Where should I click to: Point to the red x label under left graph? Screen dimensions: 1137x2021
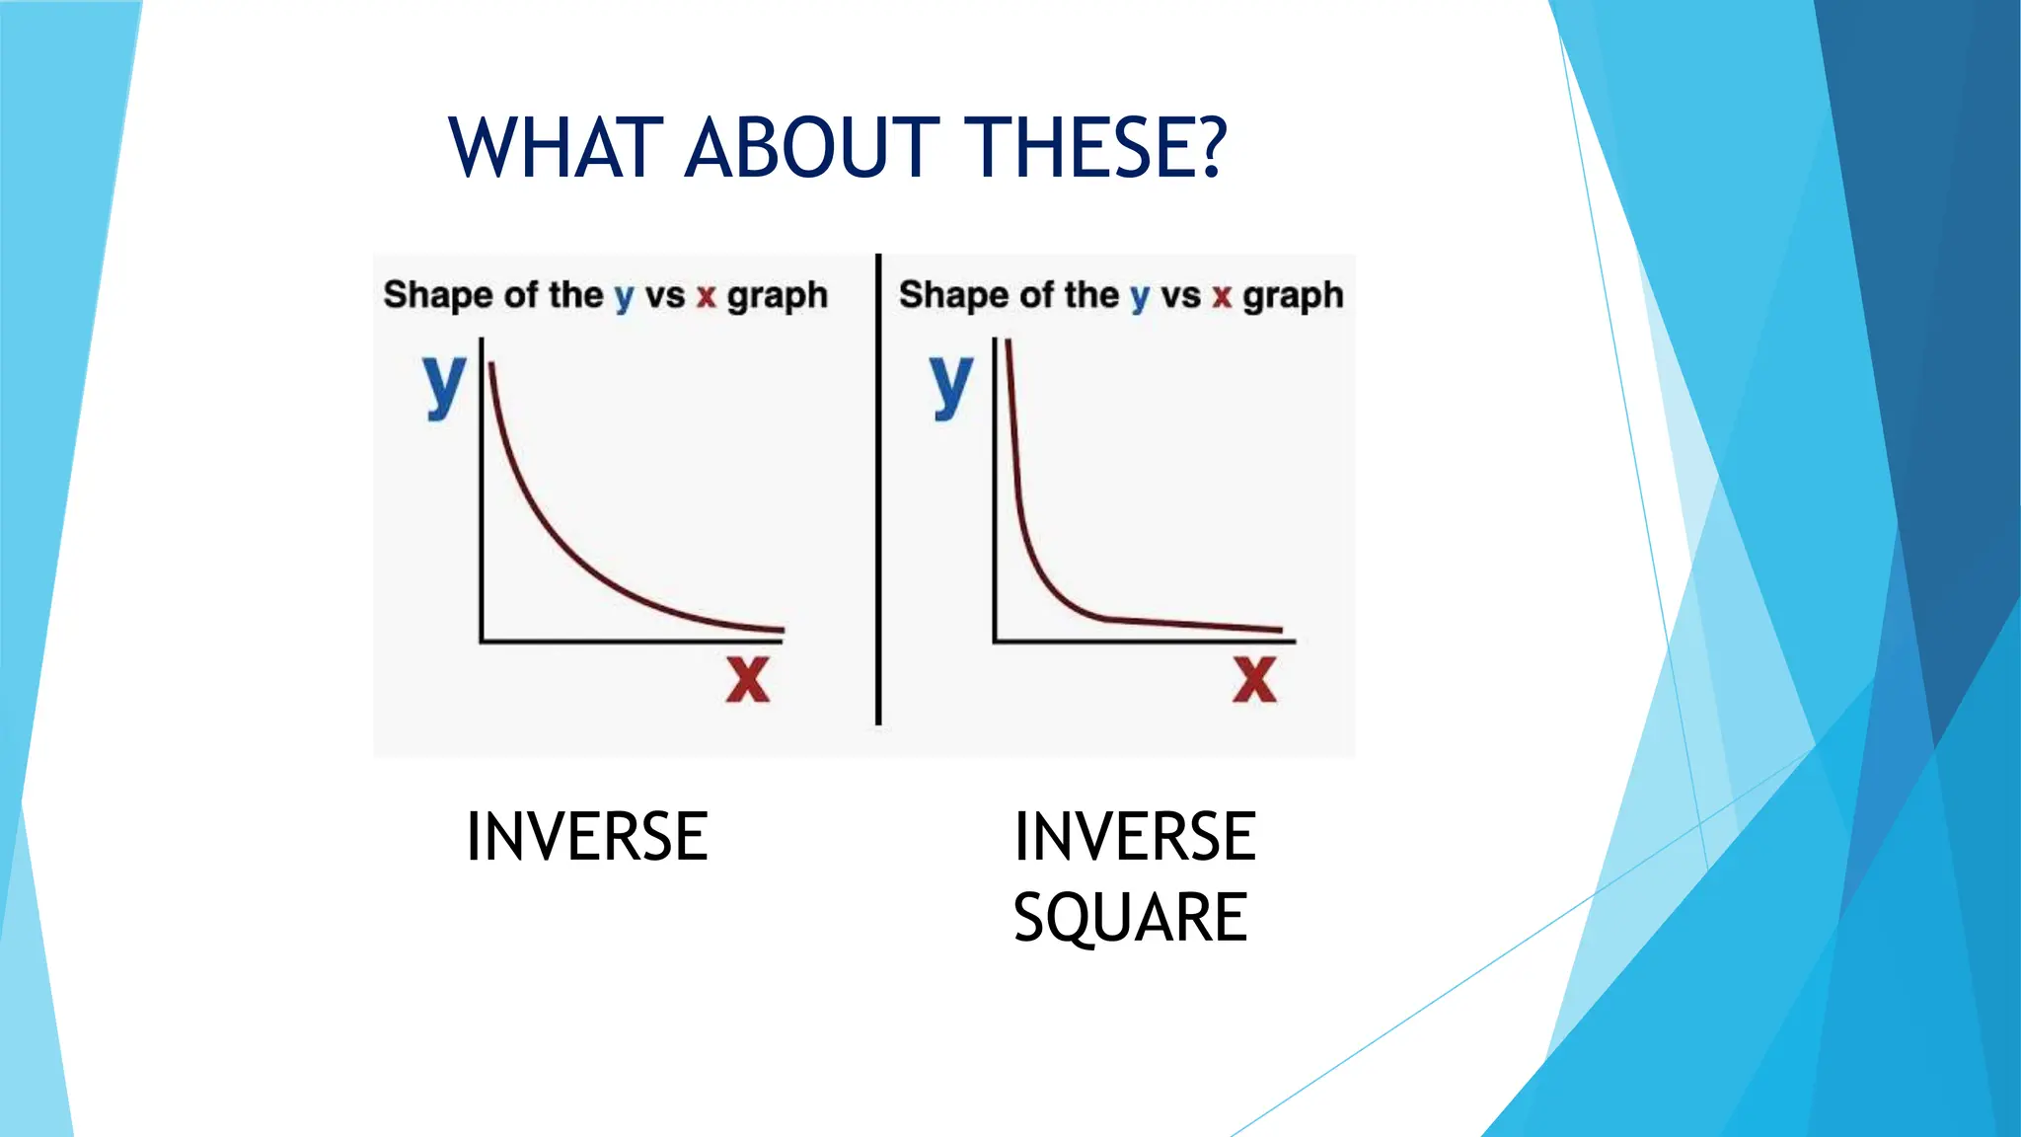(747, 679)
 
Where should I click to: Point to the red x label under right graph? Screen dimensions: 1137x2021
(1254, 679)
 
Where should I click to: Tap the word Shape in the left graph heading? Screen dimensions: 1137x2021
(437, 295)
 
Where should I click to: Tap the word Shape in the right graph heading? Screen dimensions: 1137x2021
(952, 295)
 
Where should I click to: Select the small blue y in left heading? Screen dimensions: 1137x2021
(624, 297)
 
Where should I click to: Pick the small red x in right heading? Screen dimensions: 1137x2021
(1222, 296)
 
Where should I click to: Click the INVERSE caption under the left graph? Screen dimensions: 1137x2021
(587, 837)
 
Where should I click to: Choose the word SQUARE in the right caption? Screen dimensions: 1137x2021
(1131, 917)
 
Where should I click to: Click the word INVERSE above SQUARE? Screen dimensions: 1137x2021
(1135, 837)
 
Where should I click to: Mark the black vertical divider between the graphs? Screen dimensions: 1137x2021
(878, 493)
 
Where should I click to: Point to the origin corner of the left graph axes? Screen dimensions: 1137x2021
(482, 642)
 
